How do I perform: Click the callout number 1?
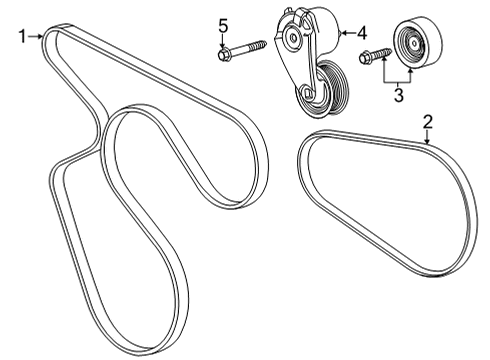pyautogui.click(x=22, y=37)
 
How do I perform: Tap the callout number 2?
pyautogui.click(x=427, y=122)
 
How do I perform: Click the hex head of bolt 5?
pyautogui.click(x=224, y=54)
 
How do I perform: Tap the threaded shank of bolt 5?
pyautogui.click(x=251, y=46)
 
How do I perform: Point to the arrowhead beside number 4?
pyautogui.click(x=343, y=34)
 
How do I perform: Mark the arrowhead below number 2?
pyautogui.click(x=427, y=143)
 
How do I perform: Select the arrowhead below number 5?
pyautogui.click(x=224, y=42)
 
